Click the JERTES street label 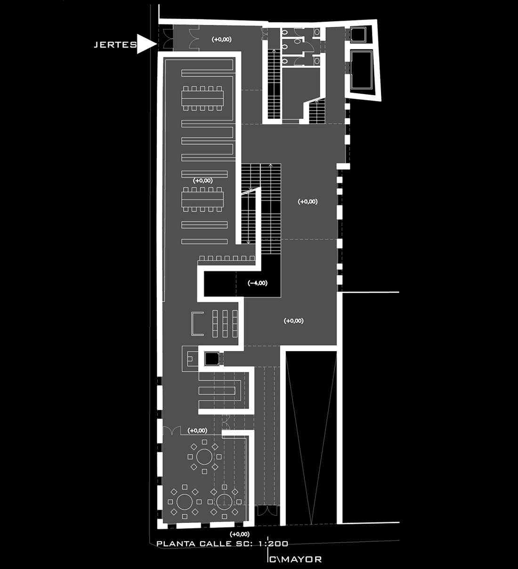pos(115,45)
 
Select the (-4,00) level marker pos(258,283)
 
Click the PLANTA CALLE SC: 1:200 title pos(222,544)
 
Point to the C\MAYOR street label pos(295,560)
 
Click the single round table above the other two pos(204,457)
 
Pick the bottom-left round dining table pos(185,502)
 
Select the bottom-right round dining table pos(224,502)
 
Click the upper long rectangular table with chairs pos(202,98)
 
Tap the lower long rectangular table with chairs pos(202,200)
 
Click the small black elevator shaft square pos(212,359)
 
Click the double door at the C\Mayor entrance pos(267,511)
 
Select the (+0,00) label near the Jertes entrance pos(222,40)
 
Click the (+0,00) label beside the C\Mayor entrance pos(240,534)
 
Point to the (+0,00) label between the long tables pos(202,180)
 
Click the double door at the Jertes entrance pos(165,38)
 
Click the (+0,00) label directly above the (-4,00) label pos(308,201)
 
